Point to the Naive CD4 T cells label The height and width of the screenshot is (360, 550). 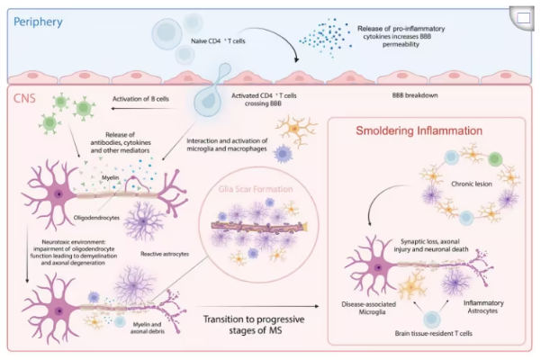point(216,40)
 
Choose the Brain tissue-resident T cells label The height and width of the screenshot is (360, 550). point(430,332)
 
